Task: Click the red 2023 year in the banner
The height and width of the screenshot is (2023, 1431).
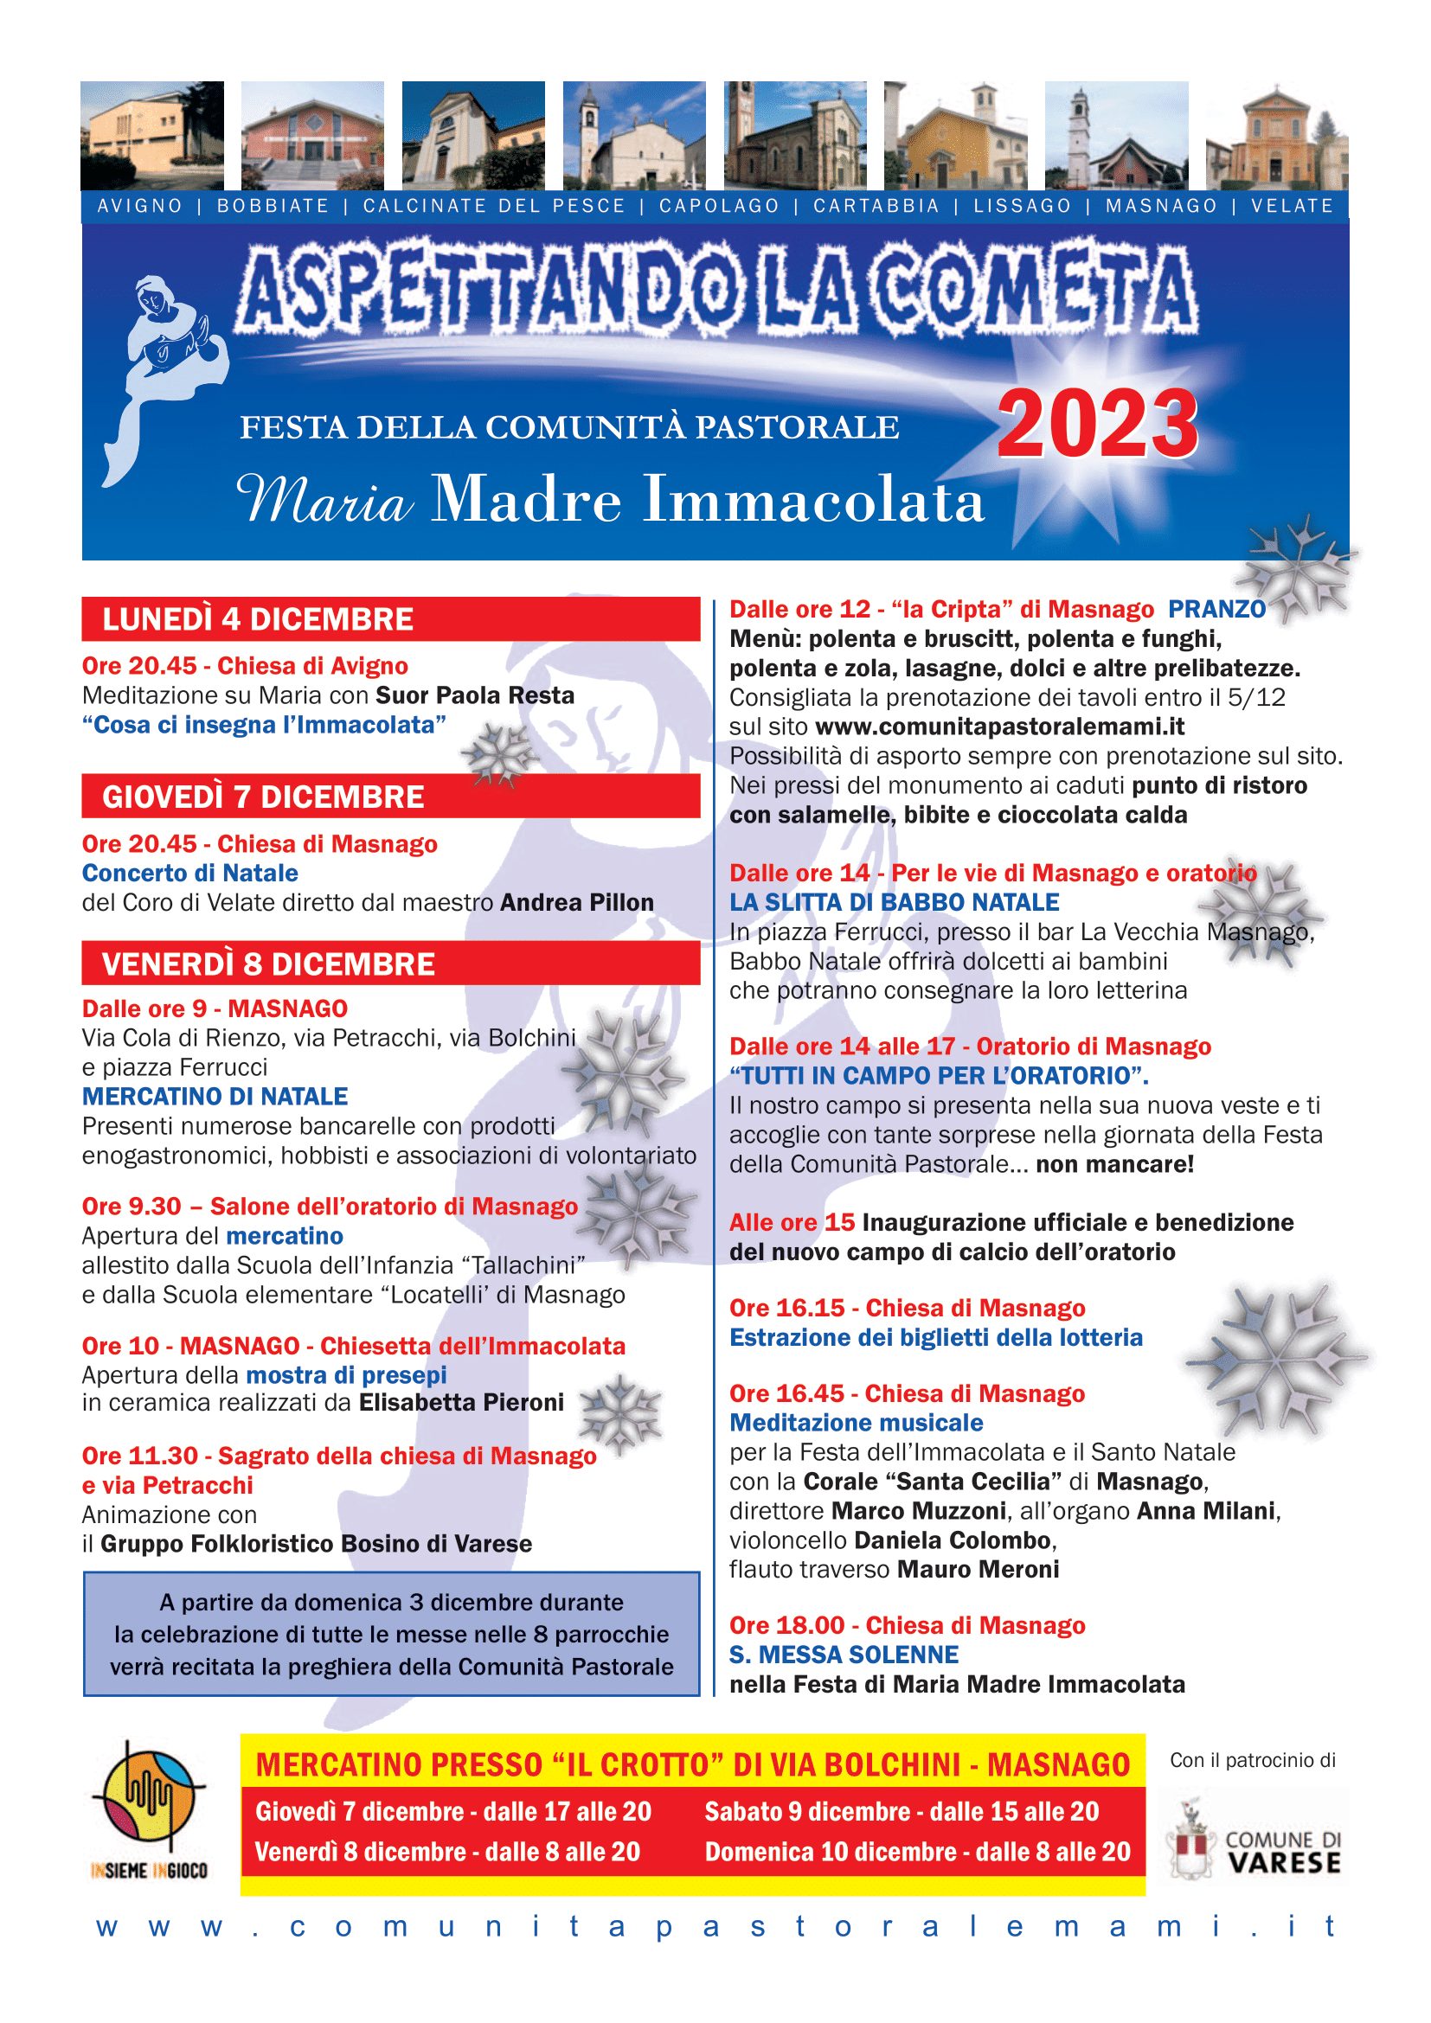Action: pos(1097,425)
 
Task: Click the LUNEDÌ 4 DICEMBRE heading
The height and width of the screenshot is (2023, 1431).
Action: pos(257,619)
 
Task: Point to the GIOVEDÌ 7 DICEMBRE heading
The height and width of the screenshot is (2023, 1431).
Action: pos(263,797)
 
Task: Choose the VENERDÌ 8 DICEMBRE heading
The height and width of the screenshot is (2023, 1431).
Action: pos(268,963)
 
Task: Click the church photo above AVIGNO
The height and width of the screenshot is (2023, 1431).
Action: pos(151,135)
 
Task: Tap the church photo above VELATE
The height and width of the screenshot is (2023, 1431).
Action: pos(1276,135)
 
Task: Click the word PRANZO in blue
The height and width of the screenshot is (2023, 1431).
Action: pos(1216,609)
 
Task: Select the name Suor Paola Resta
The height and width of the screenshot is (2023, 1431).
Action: pos(475,695)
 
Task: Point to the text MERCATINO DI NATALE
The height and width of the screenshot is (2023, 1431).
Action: pos(215,1096)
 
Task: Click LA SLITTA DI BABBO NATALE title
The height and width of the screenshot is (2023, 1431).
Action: pos(894,902)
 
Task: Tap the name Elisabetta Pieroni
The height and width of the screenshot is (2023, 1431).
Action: pos(462,1402)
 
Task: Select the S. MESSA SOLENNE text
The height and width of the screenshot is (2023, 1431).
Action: pos(844,1655)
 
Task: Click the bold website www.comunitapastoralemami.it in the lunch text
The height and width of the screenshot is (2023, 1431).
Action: pos(999,726)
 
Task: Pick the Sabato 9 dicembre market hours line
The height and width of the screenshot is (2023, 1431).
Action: pos(902,1810)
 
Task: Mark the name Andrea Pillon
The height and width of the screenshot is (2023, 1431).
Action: pos(577,902)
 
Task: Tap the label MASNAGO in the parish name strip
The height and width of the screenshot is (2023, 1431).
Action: pos(1160,206)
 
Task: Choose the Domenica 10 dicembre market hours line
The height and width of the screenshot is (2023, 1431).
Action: pos(916,1851)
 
